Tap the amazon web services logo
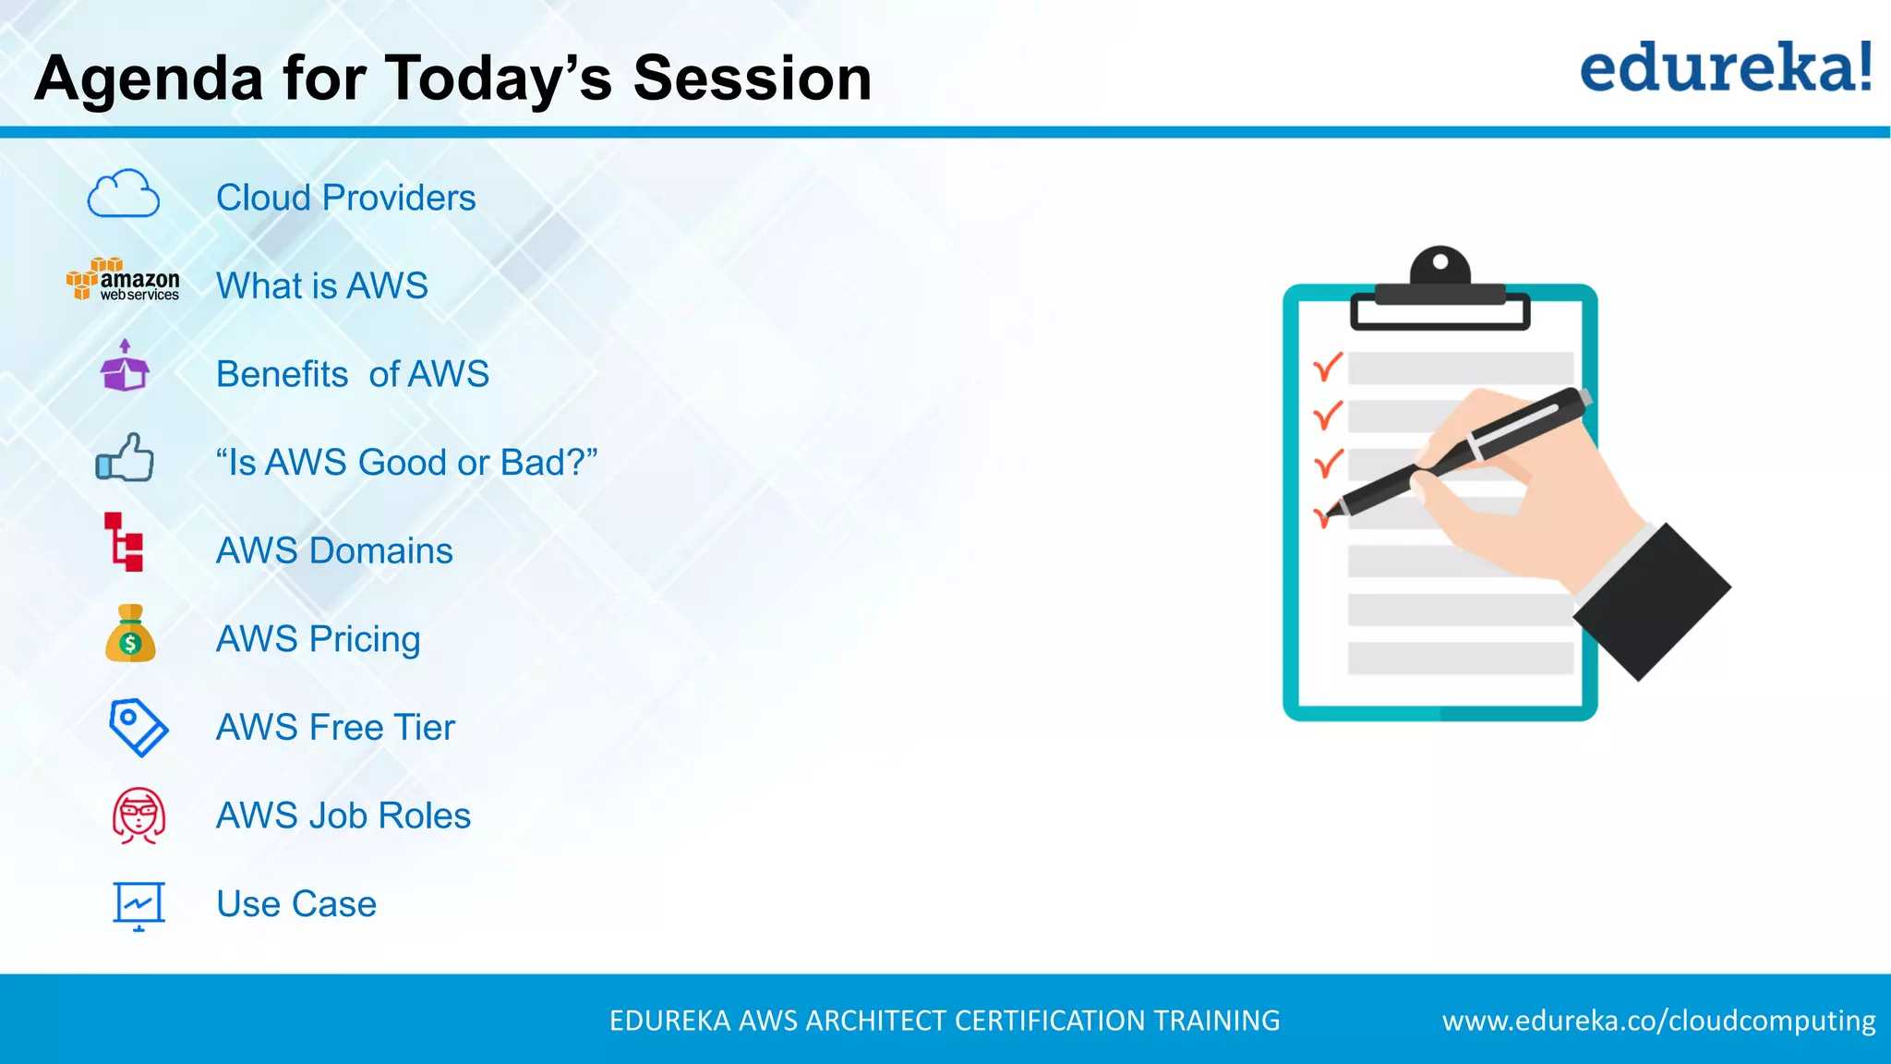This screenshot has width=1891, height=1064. (x=123, y=280)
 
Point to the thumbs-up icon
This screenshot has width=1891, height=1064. (x=126, y=457)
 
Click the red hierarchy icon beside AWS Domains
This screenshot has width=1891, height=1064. (x=125, y=542)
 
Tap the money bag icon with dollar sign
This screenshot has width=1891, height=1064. (x=130, y=634)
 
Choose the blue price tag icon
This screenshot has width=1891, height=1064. (x=138, y=727)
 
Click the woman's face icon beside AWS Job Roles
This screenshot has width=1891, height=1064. (x=139, y=816)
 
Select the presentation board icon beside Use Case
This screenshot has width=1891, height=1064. (x=139, y=904)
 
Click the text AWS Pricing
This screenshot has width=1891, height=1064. (x=318, y=639)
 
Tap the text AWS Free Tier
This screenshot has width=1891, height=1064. (x=335, y=728)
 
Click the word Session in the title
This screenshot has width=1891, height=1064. (x=752, y=79)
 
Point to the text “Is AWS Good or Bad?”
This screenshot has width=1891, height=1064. (x=406, y=463)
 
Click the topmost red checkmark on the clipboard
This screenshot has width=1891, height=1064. (x=1327, y=368)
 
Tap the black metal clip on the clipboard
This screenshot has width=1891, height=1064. (x=1439, y=291)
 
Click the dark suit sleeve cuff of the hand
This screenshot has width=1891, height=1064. (x=1653, y=600)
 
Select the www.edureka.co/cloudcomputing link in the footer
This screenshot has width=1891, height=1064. (x=1658, y=1021)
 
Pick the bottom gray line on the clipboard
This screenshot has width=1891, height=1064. (x=1461, y=659)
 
